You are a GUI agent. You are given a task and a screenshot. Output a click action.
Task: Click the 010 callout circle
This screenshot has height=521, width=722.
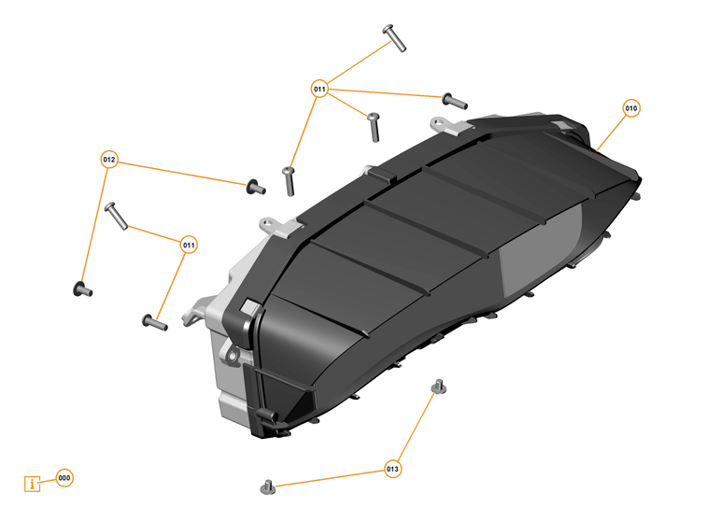[631, 108]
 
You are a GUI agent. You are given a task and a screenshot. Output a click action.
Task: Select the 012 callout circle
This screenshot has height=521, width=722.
[109, 160]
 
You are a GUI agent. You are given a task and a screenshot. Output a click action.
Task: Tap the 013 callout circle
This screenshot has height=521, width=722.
[392, 469]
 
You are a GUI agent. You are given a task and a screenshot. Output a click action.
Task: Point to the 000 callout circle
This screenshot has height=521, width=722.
[64, 478]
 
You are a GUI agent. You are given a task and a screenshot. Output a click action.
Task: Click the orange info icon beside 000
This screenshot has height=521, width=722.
[34, 484]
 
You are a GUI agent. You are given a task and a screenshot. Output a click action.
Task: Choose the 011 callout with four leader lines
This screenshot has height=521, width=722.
[319, 90]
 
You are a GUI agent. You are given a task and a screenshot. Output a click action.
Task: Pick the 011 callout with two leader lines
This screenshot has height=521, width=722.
[189, 245]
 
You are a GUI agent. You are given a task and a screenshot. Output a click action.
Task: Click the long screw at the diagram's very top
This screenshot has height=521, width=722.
[394, 37]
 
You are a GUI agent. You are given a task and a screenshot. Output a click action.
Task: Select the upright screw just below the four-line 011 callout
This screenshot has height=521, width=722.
[373, 123]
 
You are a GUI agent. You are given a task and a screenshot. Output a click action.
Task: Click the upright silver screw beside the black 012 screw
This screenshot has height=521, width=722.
[288, 180]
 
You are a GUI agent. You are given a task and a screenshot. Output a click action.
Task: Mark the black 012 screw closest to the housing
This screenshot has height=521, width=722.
[255, 188]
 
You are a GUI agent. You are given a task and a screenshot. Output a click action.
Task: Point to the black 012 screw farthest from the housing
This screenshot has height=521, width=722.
[82, 289]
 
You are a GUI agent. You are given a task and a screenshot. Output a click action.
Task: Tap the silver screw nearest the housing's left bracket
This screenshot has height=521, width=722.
[153, 323]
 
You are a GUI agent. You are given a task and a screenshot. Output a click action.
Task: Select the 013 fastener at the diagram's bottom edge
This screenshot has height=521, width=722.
[266, 486]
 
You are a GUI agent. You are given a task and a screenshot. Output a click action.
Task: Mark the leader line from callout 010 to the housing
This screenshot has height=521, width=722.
[612, 132]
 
